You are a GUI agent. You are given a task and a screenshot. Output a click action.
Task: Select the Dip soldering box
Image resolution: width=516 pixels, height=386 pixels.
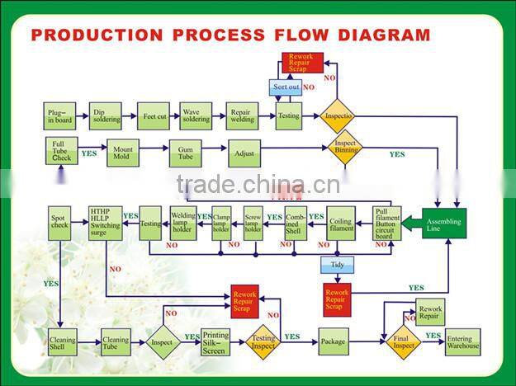[106, 116]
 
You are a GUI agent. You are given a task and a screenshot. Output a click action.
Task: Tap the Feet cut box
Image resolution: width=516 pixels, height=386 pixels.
[154, 116]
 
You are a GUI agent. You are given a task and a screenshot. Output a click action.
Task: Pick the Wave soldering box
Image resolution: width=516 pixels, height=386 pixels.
[196, 116]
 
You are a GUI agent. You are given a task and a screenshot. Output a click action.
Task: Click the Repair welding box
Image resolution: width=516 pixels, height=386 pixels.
[241, 116]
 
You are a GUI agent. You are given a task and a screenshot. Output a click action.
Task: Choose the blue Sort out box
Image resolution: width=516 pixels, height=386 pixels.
[286, 87]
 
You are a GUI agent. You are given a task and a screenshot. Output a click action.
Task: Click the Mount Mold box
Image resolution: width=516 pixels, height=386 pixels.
[122, 153]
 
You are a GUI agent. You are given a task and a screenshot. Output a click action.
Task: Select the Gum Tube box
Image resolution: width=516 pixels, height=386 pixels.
[186, 153]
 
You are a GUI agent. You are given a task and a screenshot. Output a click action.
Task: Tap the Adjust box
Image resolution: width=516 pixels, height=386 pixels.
[244, 153]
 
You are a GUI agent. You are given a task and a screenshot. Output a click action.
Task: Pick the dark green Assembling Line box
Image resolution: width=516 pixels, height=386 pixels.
[444, 223]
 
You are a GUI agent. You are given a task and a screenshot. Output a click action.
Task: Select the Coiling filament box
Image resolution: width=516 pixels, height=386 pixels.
[340, 223]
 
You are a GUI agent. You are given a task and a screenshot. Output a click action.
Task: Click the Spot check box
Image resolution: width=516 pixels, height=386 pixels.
[60, 223]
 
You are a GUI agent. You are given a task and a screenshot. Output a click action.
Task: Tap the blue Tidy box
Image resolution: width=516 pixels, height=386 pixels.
[337, 265]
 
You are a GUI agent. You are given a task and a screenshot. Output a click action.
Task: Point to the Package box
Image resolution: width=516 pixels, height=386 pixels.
[334, 340]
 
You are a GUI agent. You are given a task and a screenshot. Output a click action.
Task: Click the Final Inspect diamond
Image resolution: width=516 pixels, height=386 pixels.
[404, 341]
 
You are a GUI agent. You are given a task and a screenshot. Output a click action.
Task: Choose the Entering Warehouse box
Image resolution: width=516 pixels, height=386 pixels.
[462, 341]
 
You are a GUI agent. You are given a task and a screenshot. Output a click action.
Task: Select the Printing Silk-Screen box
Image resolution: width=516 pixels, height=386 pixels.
[216, 341]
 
